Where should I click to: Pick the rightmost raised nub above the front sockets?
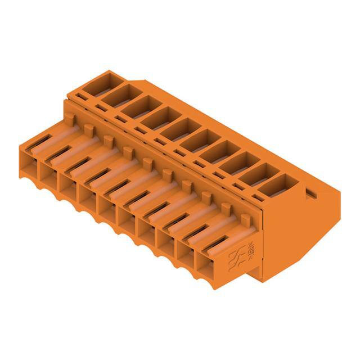click(245, 218)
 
